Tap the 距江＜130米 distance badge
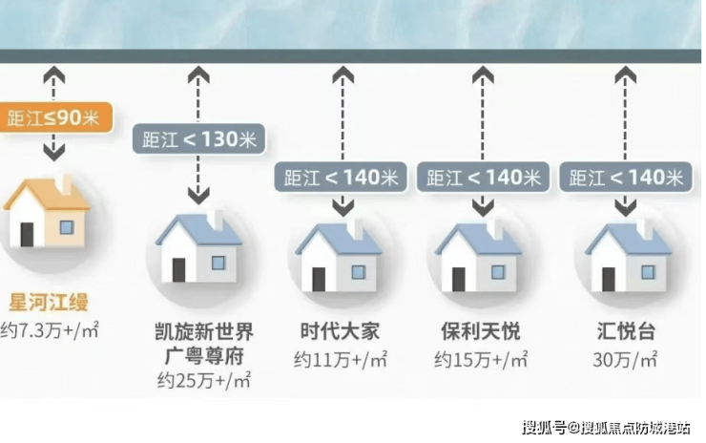(198, 140)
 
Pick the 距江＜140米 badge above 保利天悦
(484, 177)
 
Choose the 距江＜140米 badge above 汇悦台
(627, 177)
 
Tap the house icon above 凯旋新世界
(198, 247)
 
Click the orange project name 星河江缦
(48, 304)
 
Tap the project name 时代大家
(339, 332)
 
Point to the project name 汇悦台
(627, 332)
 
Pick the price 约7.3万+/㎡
(50, 330)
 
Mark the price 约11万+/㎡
(340, 360)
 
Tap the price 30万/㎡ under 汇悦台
(627, 360)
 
